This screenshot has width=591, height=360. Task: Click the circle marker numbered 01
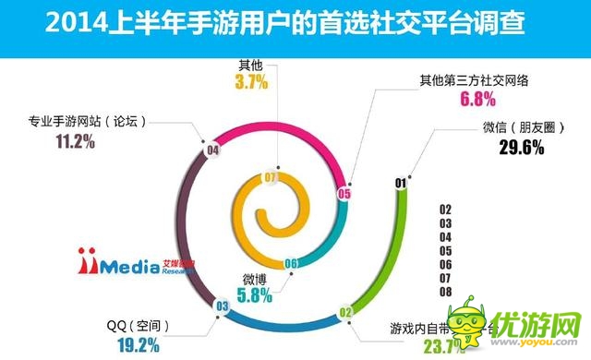coord(400,182)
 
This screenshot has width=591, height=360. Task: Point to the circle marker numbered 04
coord(213,148)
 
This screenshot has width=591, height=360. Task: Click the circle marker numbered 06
coord(290,263)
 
